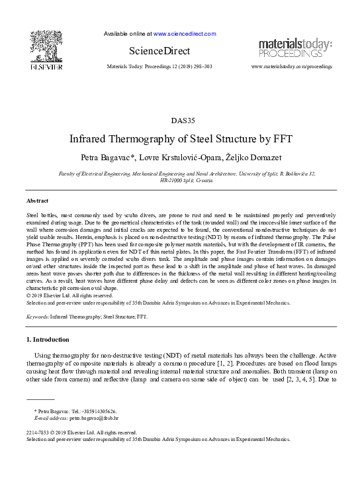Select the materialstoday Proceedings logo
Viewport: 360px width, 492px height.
click(x=295, y=48)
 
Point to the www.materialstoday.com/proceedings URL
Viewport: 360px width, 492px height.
click(x=292, y=68)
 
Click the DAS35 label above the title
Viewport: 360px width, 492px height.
click(x=179, y=121)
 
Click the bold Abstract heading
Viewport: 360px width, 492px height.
click(x=37, y=200)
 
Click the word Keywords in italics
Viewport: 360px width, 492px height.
click(x=37, y=317)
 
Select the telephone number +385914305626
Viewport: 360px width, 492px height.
click(x=101, y=411)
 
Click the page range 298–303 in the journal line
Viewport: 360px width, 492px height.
click(x=199, y=68)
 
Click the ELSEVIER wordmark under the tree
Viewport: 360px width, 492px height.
click(x=46, y=67)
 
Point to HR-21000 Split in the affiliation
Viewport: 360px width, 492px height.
click(x=173, y=180)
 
